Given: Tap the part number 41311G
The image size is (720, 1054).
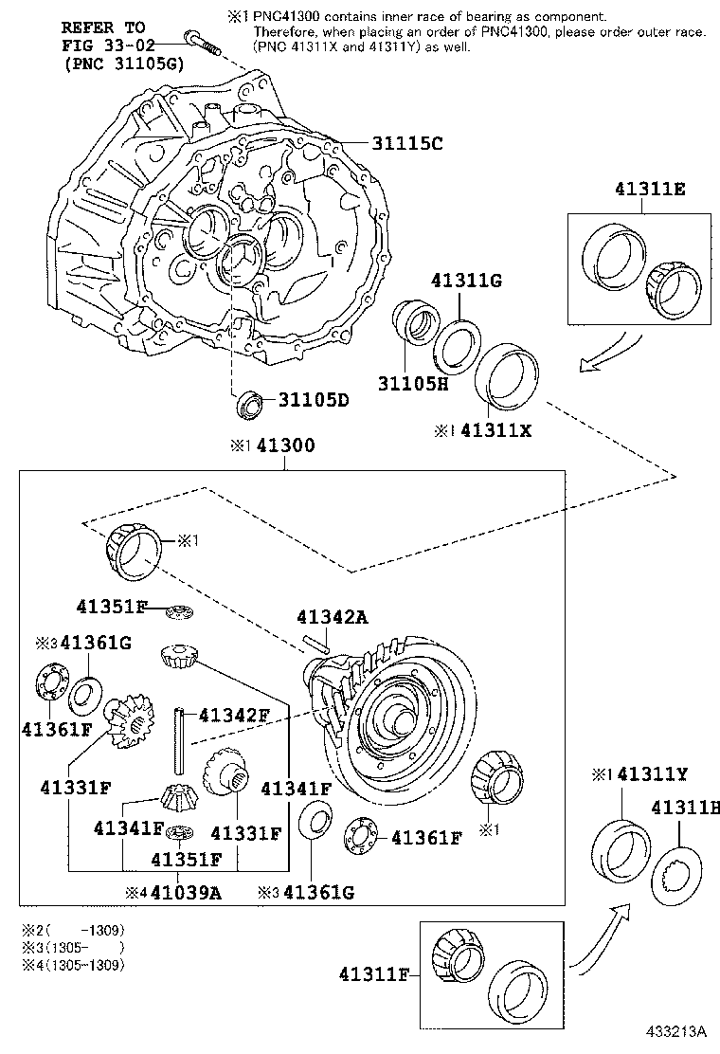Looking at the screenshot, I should pos(465,281).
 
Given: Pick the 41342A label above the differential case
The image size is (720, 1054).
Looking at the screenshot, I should pos(332,617).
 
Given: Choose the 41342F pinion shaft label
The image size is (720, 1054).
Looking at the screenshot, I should pos(232,714).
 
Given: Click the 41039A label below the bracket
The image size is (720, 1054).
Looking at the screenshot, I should pos(186,892).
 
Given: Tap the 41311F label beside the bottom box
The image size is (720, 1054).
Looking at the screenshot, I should pos(373,973).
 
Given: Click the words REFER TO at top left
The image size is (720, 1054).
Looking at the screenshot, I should pos(103,27).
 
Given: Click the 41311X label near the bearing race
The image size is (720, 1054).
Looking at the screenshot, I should pos(496,429).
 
